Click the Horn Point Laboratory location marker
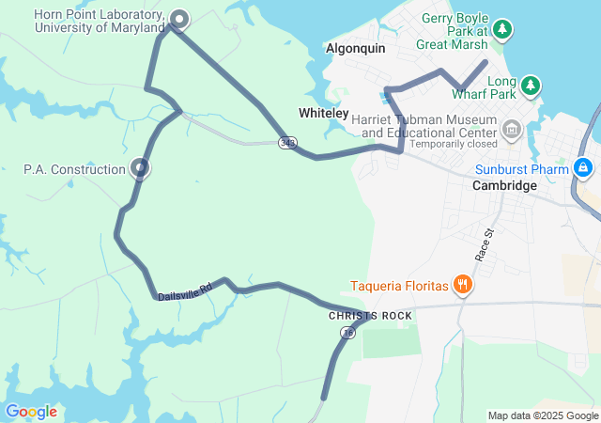[178, 18]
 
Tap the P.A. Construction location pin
[140, 168]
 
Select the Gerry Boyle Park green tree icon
[503, 29]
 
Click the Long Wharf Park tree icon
[531, 86]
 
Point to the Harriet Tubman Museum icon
[512, 129]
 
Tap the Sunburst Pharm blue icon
[583, 168]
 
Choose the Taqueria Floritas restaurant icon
[461, 284]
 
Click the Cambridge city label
[504, 186]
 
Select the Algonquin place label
[356, 48]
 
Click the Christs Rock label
[370, 316]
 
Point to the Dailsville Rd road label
[185, 290]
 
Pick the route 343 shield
[286, 143]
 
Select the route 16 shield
[348, 333]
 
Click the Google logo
[31, 412]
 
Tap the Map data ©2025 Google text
[543, 415]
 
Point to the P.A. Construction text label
[74, 170]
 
